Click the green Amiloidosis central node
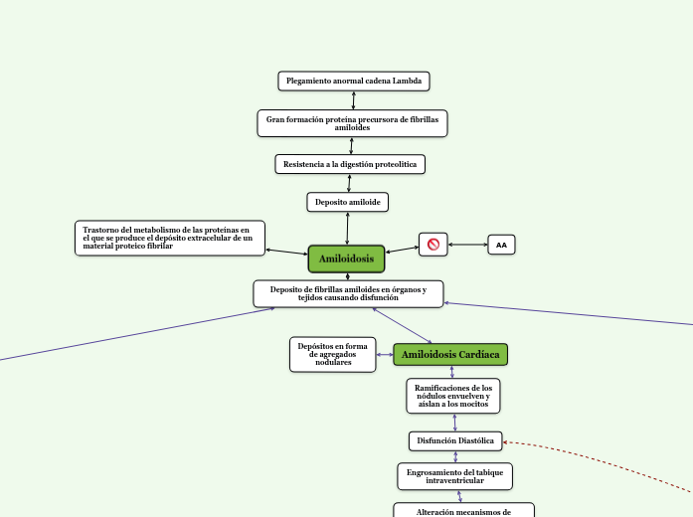click(x=346, y=258)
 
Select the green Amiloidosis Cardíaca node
click(x=450, y=355)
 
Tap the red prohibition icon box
click(x=433, y=244)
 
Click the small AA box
click(x=501, y=245)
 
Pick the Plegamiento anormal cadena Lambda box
click(x=353, y=81)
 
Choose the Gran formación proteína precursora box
click(x=352, y=123)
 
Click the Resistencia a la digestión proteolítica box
click(x=350, y=163)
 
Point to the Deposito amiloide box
click(x=347, y=202)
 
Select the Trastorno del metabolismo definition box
click(x=170, y=238)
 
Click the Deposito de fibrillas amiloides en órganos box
click(x=348, y=293)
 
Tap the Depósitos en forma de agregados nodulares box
click(x=333, y=355)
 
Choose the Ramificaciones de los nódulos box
click(x=452, y=395)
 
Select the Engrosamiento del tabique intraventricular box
click(x=454, y=476)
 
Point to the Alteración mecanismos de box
click(x=463, y=511)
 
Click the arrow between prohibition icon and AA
click(x=467, y=244)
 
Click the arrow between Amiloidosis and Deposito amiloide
click(x=347, y=229)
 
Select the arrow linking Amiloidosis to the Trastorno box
click(x=286, y=251)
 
